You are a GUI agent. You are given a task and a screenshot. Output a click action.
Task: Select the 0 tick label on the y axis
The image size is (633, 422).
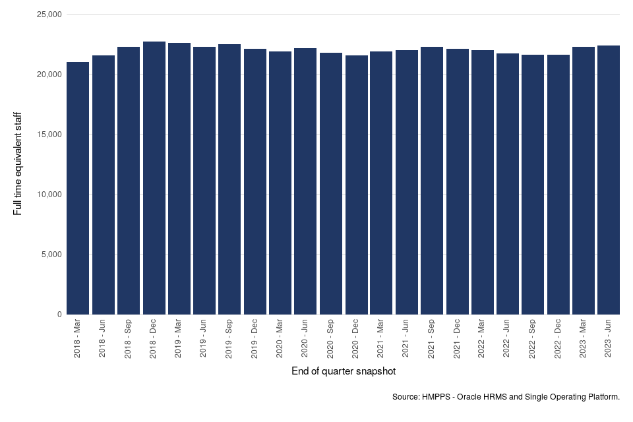point(59,315)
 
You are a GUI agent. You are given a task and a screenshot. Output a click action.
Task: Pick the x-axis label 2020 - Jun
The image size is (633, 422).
point(305,340)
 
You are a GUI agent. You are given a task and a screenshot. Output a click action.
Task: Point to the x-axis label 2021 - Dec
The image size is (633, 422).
point(457,340)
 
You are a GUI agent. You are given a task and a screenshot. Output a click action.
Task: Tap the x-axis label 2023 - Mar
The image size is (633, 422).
point(584,340)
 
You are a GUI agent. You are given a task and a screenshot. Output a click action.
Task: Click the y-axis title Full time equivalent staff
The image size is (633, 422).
point(18,164)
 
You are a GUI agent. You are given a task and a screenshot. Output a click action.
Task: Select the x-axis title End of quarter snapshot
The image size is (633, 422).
point(343,372)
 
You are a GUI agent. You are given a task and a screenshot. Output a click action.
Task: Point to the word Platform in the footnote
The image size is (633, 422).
point(602,397)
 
